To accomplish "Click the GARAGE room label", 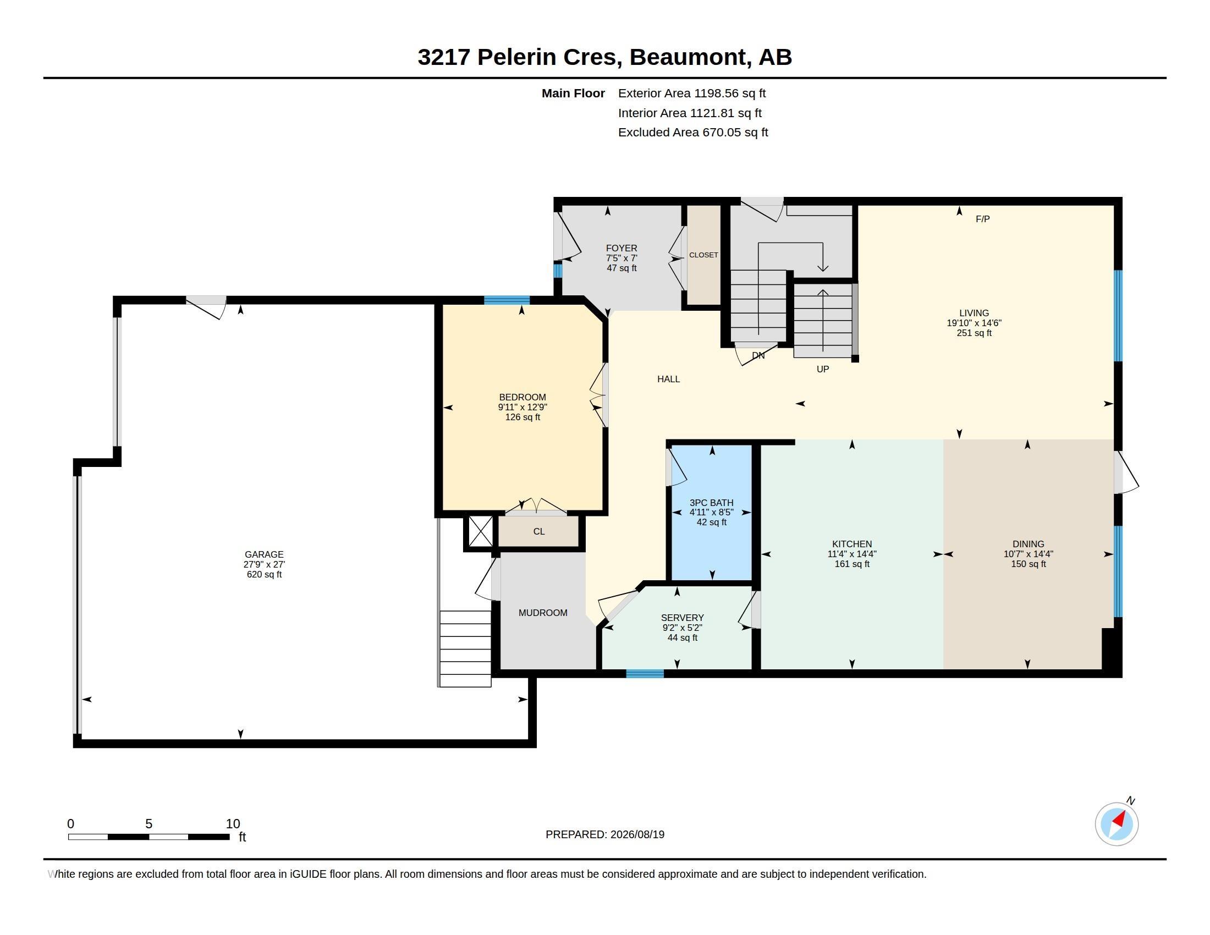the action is point(264,554).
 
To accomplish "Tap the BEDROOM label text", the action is point(522,397).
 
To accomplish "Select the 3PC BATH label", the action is point(711,503).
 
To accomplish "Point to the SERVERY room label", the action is point(682,618).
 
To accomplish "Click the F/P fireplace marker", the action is point(982,219).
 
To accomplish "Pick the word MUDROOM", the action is point(543,613).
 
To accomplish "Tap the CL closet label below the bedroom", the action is point(539,532).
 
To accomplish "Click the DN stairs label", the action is point(758,356).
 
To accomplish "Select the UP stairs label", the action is point(823,369).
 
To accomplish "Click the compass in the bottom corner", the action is point(1116,824).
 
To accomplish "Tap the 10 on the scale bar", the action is point(233,824).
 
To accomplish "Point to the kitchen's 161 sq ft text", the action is point(852,564).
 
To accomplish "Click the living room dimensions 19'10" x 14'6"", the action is point(974,323).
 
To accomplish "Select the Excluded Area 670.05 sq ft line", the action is point(693,133).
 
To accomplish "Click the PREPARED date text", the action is point(605,834).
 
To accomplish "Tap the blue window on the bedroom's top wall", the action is point(507,300).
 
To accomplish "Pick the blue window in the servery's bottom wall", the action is point(645,674).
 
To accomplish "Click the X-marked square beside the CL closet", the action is point(480,532).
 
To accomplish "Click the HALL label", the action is point(668,379).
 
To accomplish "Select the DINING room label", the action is point(1028,544).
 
